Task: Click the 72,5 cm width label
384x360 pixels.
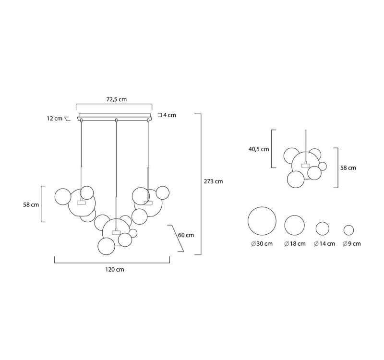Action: pyautogui.click(x=117, y=99)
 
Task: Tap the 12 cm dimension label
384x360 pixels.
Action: pyautogui.click(x=55, y=119)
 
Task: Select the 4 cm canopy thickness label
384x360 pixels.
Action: pyautogui.click(x=170, y=115)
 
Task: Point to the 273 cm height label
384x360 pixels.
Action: pyautogui.click(x=213, y=181)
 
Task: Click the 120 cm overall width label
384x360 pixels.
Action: pyautogui.click(x=115, y=270)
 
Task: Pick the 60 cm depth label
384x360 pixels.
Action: pyautogui.click(x=186, y=235)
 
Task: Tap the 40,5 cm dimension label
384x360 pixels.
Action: pyautogui.click(x=259, y=149)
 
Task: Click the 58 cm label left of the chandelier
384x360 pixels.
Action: pyautogui.click(x=31, y=205)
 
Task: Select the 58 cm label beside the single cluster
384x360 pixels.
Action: pyautogui.click(x=348, y=168)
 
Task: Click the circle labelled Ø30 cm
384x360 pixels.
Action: pyautogui.click(x=262, y=207)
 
